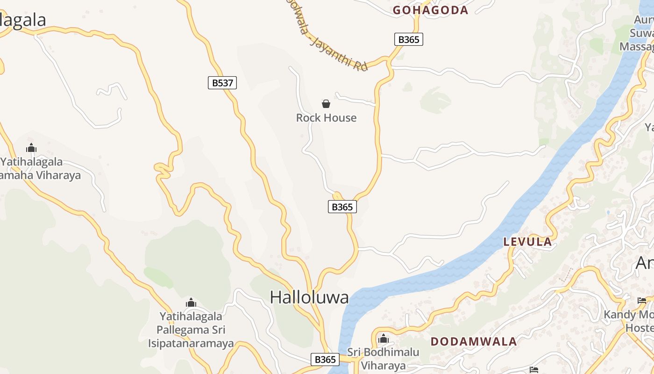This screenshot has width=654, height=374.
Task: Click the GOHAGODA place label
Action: click(430, 10)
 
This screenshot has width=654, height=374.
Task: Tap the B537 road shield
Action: click(222, 83)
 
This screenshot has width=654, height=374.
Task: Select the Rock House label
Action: click(326, 118)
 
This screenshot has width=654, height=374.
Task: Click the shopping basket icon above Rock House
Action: click(326, 104)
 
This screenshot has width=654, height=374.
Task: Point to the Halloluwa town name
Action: click(309, 297)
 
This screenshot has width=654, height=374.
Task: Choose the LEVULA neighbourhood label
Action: click(527, 242)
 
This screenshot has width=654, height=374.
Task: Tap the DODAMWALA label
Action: click(474, 341)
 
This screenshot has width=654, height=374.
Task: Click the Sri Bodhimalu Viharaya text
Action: click(383, 359)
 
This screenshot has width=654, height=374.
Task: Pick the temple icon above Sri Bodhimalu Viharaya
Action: click(384, 338)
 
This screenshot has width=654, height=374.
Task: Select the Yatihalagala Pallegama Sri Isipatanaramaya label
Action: click(191, 330)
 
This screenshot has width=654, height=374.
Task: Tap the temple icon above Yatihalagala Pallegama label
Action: click(191, 303)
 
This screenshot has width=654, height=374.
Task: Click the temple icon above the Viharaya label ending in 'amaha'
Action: click(31, 148)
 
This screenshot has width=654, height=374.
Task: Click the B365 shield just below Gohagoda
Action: click(409, 39)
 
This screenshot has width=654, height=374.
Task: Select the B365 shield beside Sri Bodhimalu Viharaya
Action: click(325, 360)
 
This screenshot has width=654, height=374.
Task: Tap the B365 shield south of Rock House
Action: click(342, 207)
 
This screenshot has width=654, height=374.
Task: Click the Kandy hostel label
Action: click(629, 321)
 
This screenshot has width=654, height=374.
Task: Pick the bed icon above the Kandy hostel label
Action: click(642, 301)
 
